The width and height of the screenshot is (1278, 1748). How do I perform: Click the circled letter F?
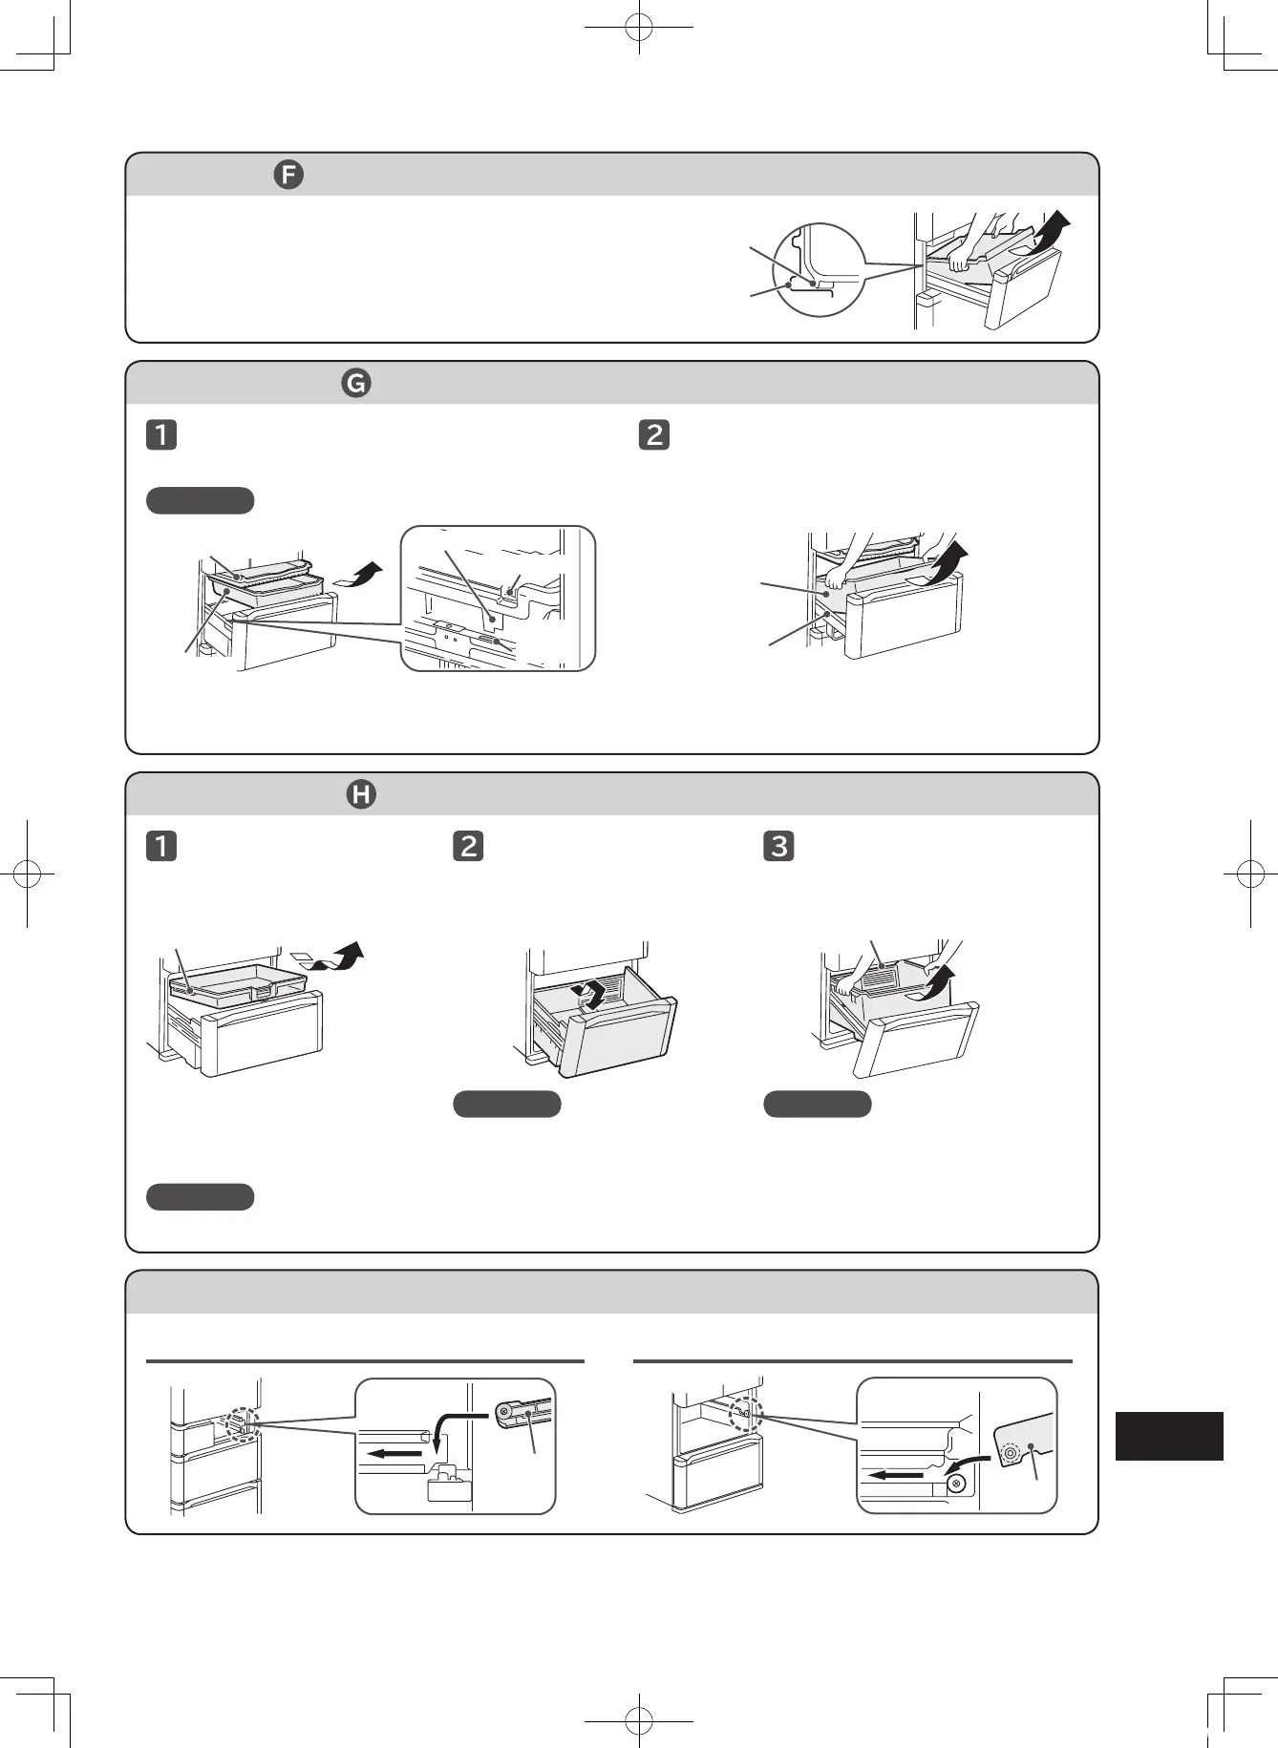(288, 175)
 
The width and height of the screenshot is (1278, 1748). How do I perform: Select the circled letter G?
(356, 383)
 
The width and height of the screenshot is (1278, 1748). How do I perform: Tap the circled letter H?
(361, 794)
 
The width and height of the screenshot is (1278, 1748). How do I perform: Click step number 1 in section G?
(161, 434)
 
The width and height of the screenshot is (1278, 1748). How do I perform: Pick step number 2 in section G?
(654, 434)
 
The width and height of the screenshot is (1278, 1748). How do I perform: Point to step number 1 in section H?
(161, 846)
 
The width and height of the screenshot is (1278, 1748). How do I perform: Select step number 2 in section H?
(468, 846)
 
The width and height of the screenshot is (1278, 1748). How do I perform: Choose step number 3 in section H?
(779, 846)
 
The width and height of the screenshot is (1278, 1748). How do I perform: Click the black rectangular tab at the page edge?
(1168, 1436)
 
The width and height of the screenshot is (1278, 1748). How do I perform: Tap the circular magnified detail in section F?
(819, 270)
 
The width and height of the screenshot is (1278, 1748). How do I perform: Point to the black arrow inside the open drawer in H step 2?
(589, 995)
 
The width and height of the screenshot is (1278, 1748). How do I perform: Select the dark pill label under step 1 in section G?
(201, 500)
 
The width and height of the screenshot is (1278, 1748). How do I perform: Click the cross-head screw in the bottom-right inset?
(955, 1484)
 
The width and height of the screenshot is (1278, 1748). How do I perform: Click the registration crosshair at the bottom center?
(639, 1721)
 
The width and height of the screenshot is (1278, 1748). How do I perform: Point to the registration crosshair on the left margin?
(27, 873)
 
